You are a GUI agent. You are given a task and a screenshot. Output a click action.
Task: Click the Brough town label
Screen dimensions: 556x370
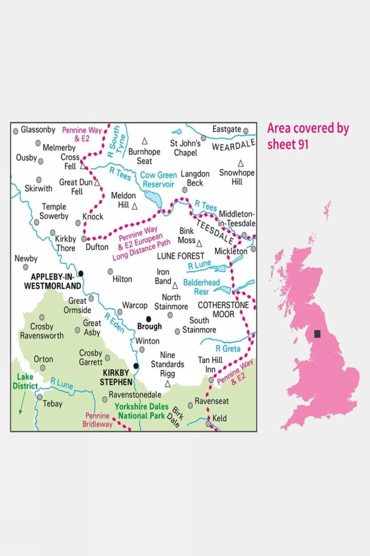point(149,326)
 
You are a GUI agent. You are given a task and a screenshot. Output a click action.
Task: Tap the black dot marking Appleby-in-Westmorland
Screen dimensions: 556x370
point(81,274)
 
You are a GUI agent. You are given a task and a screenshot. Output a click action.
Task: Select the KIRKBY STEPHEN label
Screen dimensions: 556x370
point(116,377)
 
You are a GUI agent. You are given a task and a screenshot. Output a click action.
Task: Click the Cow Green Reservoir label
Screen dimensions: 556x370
point(158,180)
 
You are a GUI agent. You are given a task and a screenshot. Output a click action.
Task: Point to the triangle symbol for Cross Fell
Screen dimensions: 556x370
point(83,166)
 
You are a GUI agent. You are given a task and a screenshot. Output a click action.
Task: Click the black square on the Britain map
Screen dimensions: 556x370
point(317,334)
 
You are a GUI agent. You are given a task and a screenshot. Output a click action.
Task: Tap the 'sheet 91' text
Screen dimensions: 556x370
point(288,145)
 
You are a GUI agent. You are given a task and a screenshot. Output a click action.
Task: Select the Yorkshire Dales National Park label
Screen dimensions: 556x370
point(142,411)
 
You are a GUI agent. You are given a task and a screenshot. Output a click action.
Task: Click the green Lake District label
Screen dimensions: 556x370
point(25,381)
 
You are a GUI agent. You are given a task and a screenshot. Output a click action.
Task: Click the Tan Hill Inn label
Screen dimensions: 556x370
point(210,365)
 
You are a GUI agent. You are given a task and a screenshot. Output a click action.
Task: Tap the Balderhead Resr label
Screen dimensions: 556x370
point(201,287)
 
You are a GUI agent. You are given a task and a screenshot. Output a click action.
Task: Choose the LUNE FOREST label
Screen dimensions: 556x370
point(181,256)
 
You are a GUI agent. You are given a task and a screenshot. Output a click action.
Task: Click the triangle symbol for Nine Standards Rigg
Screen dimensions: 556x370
point(167,384)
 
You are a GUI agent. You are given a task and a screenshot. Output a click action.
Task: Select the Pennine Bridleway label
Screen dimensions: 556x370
point(97,420)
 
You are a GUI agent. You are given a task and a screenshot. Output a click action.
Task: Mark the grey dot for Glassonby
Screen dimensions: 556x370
point(16,131)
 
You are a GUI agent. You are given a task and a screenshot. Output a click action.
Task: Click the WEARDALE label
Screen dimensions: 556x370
point(234,145)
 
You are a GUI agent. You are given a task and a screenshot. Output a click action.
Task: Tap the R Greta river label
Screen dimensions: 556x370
point(228,349)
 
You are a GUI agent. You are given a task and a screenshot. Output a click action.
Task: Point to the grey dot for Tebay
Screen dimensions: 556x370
point(40,397)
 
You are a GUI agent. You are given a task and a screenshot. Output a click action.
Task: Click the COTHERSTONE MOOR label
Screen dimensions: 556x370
point(223,309)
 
